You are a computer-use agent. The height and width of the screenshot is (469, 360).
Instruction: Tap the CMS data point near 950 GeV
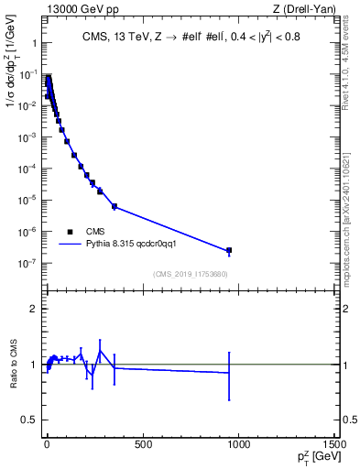point(229,250)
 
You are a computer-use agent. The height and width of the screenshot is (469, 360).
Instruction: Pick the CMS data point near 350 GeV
point(115,206)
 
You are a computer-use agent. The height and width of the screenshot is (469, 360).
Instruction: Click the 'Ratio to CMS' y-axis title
point(15,364)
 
